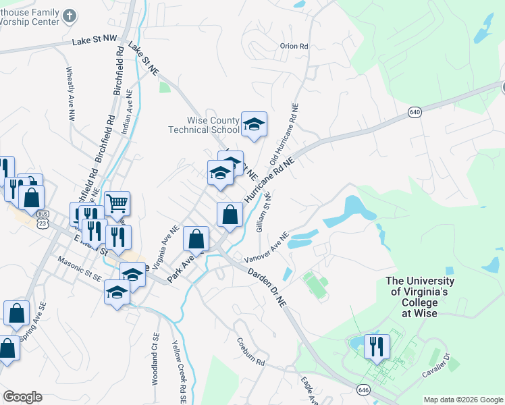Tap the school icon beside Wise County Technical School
pyautogui.click(x=254, y=124)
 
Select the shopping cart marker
pyautogui.click(x=117, y=202)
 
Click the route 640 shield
pyautogui.click(x=415, y=113)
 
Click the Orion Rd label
pyautogui.click(x=294, y=47)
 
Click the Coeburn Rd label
pyautogui.click(x=250, y=353)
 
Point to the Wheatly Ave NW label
pyautogui.click(x=70, y=93)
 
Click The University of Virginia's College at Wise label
pyautogui.click(x=419, y=297)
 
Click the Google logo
pyautogui.click(x=22, y=397)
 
